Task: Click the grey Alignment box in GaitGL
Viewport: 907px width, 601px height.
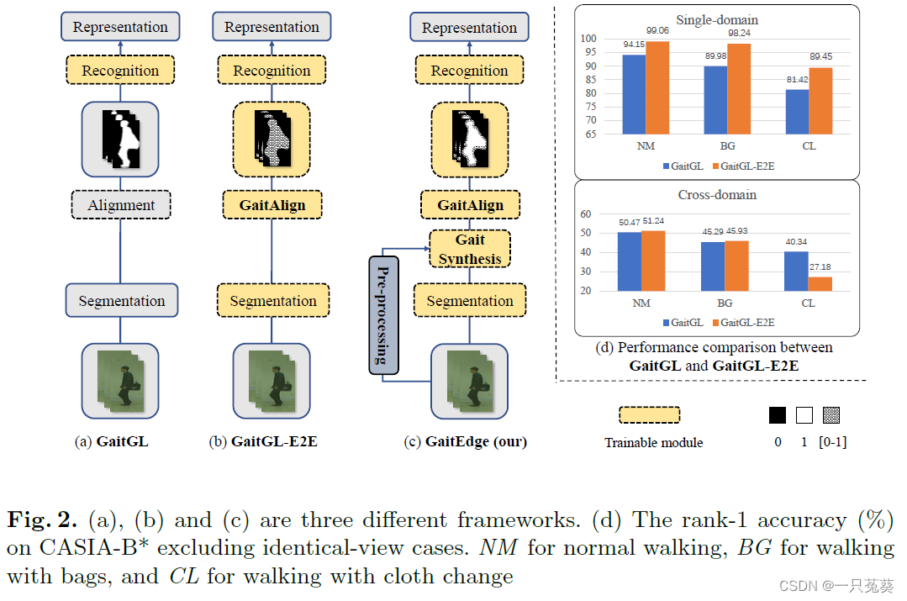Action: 121,205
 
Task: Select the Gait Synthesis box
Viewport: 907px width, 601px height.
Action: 470,250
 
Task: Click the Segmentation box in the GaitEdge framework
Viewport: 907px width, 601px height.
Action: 470,301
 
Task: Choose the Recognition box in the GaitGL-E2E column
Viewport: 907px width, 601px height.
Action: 272,71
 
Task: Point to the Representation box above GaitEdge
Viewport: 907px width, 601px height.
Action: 469,28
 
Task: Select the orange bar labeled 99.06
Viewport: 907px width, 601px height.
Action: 658,87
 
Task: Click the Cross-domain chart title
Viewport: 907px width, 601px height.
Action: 717,195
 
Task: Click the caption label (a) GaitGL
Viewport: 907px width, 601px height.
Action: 112,440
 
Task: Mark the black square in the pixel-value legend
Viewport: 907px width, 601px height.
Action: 778,414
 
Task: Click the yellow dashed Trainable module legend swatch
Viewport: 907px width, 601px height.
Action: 648,414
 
